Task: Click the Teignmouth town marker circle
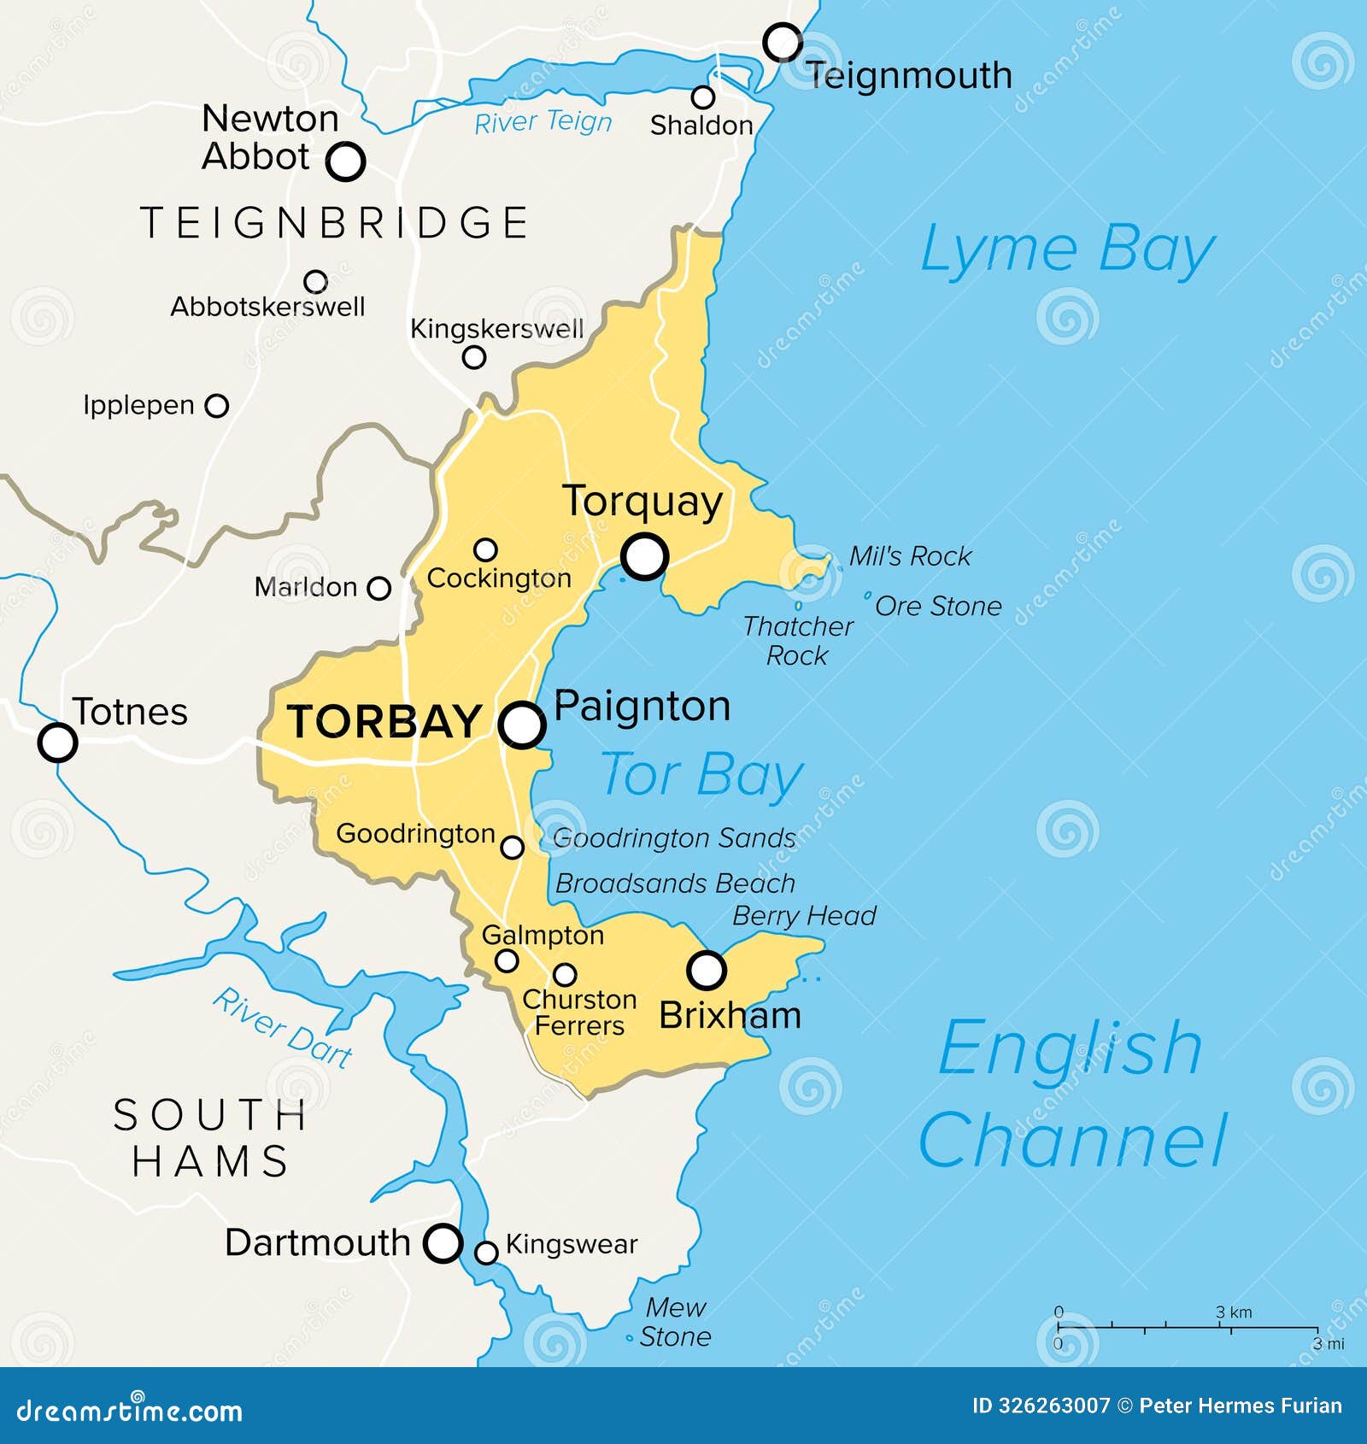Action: tap(783, 42)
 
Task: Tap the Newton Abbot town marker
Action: tap(346, 161)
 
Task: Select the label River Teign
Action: tap(543, 122)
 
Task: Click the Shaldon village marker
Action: tap(703, 97)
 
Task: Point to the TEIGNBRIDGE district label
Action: tap(334, 223)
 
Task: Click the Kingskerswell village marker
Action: tap(474, 357)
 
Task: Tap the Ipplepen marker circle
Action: tap(218, 405)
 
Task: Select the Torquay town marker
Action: tap(645, 557)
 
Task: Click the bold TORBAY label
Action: tap(384, 721)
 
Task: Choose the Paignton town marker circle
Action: tap(522, 725)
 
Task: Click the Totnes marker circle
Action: tap(57, 742)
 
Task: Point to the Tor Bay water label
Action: tap(701, 775)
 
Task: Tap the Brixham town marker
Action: tap(707, 970)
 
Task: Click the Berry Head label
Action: tap(804, 916)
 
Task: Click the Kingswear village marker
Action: tap(486, 1253)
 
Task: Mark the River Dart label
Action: tap(283, 1028)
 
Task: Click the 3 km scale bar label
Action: tap(1234, 1312)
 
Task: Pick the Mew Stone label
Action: tap(675, 1321)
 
